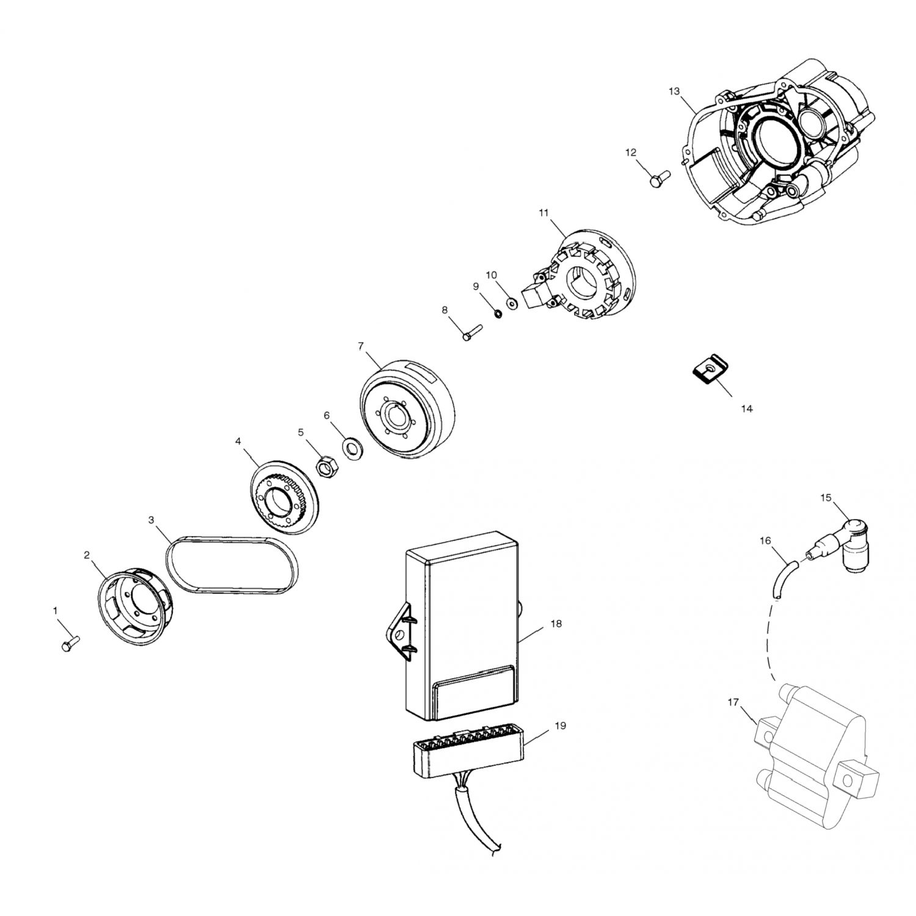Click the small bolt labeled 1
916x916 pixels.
[x=70, y=643]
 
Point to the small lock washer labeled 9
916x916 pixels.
[x=498, y=314]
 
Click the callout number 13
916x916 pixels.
[x=674, y=91]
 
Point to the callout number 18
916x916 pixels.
[x=556, y=623]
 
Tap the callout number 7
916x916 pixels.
[x=361, y=346]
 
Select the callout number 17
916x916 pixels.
[x=734, y=702]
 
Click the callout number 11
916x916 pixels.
[x=543, y=213]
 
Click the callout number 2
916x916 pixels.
[x=87, y=554]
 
